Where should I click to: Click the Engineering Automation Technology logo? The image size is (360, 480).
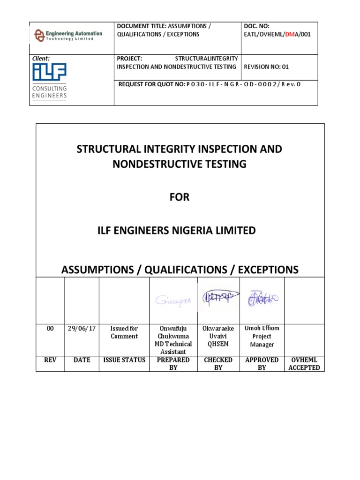point(64,35)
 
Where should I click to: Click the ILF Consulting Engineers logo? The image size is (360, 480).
point(50,81)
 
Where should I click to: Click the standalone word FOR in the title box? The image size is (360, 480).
point(180,197)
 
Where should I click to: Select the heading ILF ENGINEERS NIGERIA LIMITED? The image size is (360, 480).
point(180,231)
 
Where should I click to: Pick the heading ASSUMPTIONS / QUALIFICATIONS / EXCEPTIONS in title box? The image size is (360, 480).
point(180,270)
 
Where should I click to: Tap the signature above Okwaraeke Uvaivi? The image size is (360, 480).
point(217,298)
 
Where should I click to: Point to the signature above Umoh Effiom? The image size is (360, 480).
point(262,299)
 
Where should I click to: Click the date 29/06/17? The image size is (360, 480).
point(82,329)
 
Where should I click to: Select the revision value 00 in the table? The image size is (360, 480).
point(50,329)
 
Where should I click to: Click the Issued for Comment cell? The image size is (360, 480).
point(124,332)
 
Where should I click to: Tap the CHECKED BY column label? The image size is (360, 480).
point(218,364)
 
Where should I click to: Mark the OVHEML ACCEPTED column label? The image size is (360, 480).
point(304,364)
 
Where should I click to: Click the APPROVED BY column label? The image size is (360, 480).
point(262,364)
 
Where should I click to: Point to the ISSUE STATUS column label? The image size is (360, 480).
point(124,360)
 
